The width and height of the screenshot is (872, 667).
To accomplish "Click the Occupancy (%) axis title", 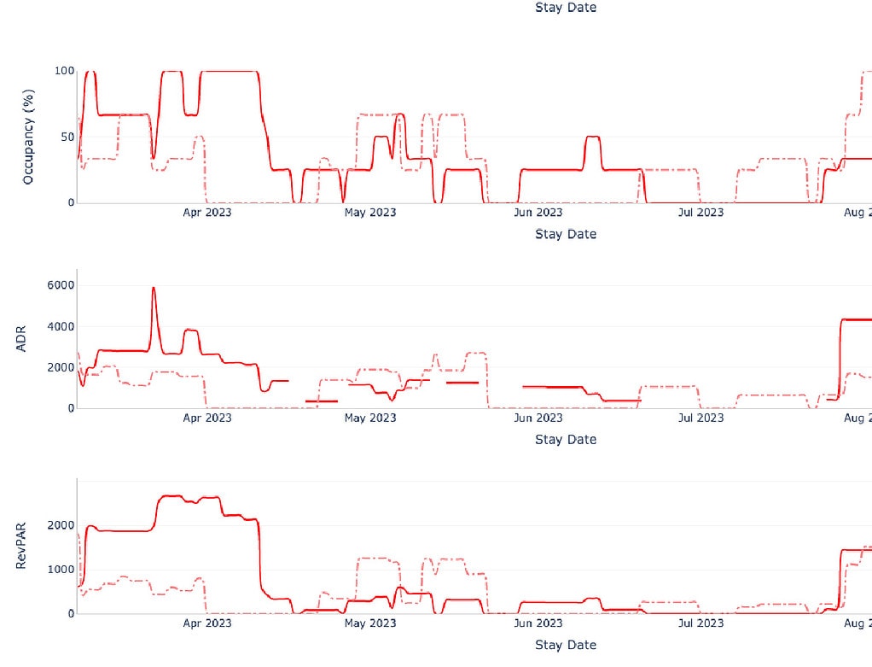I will click(28, 136).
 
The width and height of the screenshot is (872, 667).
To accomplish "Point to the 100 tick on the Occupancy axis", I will click(64, 71).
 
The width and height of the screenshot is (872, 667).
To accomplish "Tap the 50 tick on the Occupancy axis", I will click(67, 137).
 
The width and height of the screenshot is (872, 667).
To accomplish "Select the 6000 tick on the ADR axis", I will click(58, 285).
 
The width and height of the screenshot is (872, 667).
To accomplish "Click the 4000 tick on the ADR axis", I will click(58, 326).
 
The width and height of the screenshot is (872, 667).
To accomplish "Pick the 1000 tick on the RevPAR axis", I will click(58, 569).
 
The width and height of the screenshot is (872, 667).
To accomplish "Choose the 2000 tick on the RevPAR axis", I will click(58, 524).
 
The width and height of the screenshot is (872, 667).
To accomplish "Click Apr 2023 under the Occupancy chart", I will click(207, 212).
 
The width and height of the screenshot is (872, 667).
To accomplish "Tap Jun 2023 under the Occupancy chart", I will click(538, 212).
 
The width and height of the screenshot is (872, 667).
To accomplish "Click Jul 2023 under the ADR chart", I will click(700, 418).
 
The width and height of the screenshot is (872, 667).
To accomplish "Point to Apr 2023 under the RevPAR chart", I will click(207, 623).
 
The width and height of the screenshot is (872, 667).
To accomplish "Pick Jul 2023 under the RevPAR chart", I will click(700, 623).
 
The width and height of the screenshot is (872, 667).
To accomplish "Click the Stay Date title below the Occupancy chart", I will click(566, 234).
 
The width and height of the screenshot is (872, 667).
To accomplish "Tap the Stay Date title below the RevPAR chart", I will click(566, 645).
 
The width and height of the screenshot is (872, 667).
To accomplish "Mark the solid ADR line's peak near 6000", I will click(154, 288).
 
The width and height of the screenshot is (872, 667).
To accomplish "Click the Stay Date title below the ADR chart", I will click(566, 439).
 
